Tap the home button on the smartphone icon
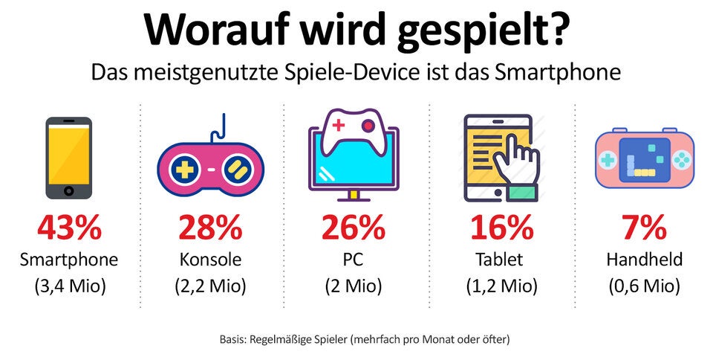tap(69, 190)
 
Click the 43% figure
tap(69, 229)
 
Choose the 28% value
tap(211, 229)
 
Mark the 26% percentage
tap(354, 229)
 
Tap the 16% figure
tap(500, 229)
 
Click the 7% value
tap(643, 229)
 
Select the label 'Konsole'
tap(211, 260)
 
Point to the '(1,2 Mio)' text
tap(500, 286)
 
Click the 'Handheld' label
tap(643, 260)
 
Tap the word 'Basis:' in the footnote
tap(237, 339)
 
